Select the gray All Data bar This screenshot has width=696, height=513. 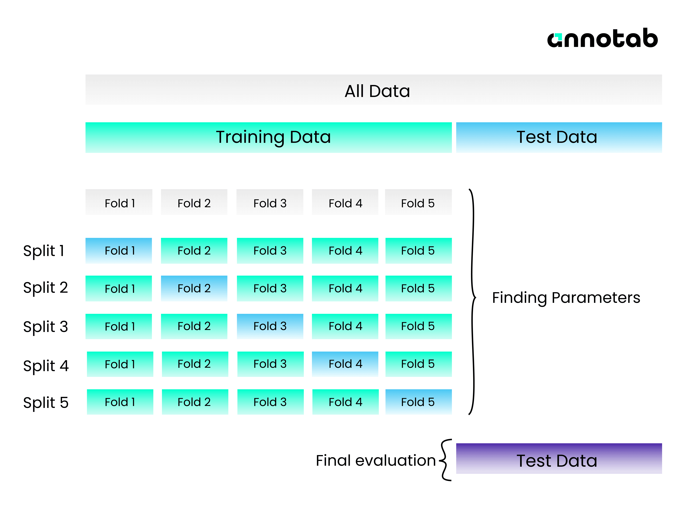coord(374,89)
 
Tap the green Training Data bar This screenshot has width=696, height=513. coord(269,137)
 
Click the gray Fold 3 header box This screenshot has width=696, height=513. coord(270,202)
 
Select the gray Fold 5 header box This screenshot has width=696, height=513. coord(418,202)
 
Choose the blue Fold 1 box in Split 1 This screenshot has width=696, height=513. coord(119,251)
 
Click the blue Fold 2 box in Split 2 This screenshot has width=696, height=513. coord(194,288)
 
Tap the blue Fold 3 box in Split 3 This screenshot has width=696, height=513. coord(270,326)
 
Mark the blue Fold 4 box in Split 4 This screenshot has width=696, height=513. coord(345,364)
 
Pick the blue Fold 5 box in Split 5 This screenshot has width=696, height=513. coord(419,402)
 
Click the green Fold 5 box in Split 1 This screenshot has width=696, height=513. coord(419,251)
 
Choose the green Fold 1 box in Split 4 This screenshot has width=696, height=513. coord(120,364)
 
